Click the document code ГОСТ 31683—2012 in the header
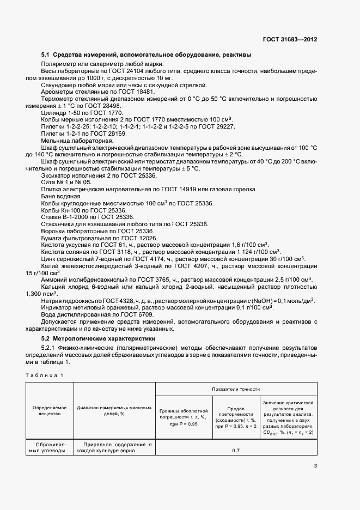[x=289, y=39]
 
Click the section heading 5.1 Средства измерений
[x=147, y=54]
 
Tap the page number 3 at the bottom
[x=315, y=465]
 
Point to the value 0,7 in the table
[x=235, y=451]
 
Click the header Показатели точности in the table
[x=235, y=390]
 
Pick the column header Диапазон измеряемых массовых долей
[x=114, y=411]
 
